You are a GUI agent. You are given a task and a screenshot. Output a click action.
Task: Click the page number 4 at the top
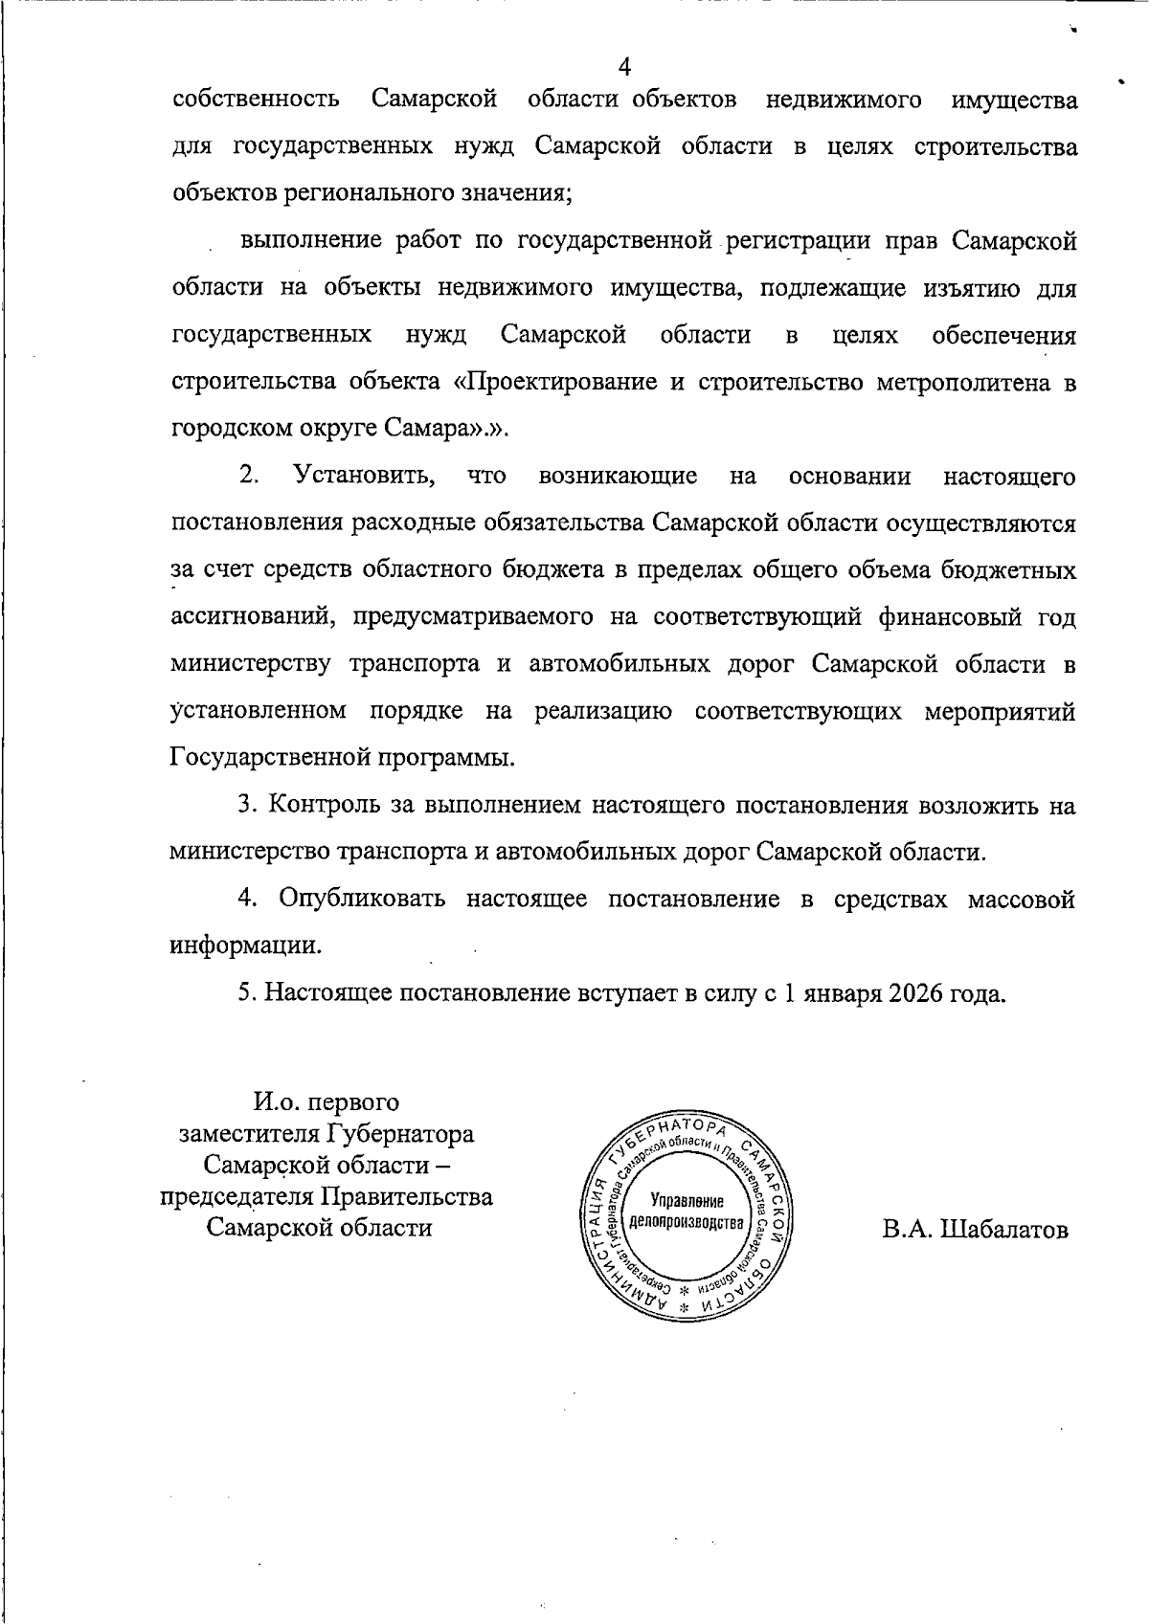624,66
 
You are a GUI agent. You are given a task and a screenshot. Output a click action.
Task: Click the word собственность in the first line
256,100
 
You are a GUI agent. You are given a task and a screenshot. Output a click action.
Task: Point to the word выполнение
311,240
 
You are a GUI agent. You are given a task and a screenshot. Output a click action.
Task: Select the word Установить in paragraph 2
365,476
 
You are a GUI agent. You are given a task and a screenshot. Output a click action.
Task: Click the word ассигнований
252,617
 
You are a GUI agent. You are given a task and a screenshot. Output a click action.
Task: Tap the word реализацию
602,711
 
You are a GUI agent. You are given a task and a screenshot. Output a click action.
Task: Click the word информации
245,945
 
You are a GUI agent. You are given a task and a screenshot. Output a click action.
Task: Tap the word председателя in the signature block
237,1196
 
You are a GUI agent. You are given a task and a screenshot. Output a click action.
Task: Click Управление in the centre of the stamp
687,1202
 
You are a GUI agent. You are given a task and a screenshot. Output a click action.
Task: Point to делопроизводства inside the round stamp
686,1224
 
